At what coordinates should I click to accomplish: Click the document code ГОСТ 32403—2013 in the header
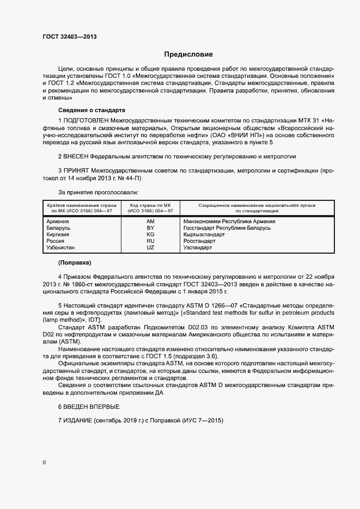(70, 36)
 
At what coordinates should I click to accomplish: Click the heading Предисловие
(188, 54)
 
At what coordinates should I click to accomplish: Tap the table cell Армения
(57, 222)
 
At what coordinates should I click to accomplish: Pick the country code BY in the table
(150, 228)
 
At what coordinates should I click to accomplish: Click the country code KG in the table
(150, 235)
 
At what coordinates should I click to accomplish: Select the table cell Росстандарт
(200, 241)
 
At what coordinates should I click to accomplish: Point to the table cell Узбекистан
(61, 248)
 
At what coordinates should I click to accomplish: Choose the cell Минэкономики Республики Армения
(229, 222)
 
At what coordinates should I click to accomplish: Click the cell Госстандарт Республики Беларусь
(227, 228)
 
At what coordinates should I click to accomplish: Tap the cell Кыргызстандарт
(204, 235)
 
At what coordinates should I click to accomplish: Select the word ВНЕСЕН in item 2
(77, 156)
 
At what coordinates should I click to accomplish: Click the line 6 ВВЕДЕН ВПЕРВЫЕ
(89, 407)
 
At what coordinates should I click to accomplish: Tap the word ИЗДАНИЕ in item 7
(77, 421)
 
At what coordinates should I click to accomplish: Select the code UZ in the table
(150, 248)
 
